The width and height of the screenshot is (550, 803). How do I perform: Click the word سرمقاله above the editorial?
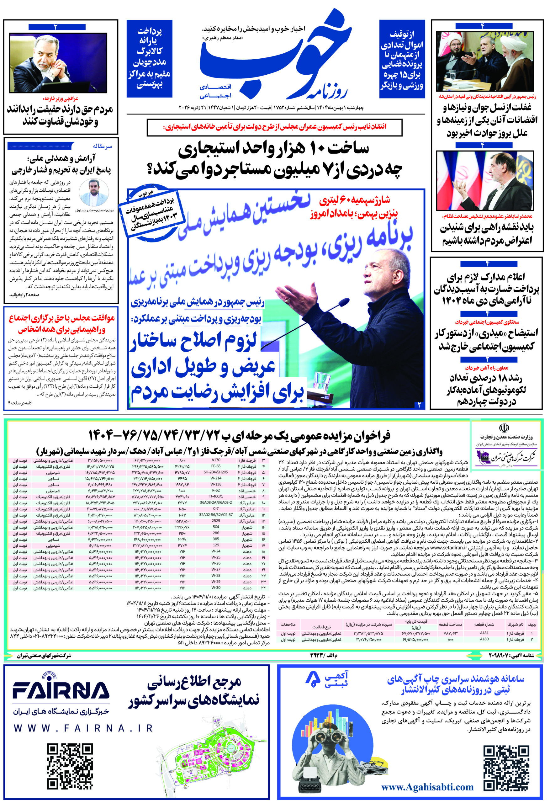pyautogui.click(x=102, y=146)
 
